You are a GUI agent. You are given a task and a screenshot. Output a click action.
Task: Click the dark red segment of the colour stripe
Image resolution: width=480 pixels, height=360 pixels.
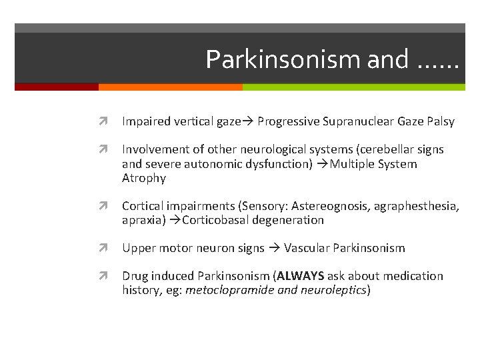[57, 87]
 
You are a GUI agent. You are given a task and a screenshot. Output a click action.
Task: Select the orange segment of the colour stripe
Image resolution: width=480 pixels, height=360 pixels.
[170, 87]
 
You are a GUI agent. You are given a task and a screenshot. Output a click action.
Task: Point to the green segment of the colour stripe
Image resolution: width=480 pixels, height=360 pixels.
[353, 87]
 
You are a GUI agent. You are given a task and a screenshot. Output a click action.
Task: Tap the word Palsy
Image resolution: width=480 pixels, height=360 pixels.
[439, 121]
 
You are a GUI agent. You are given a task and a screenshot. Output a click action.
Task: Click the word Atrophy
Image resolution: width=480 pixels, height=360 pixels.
[144, 178]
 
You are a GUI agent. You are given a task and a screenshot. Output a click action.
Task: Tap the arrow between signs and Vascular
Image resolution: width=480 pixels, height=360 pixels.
[274, 248]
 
